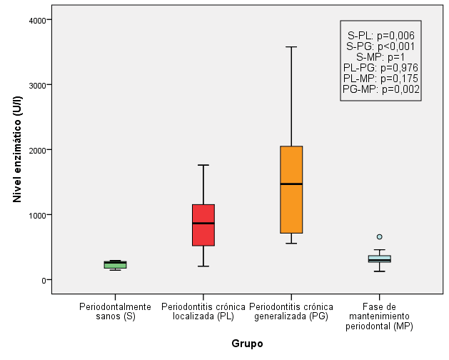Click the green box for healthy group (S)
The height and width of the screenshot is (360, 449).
pos(116,264)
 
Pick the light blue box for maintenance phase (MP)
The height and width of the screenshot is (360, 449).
pos(379,259)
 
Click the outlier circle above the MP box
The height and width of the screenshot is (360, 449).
pos(379,236)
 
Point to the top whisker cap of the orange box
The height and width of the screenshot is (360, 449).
pos(291,47)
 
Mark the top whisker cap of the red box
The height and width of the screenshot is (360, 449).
pos(203,165)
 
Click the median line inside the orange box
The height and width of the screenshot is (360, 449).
pos(291,184)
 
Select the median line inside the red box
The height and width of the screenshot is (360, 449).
pos(203,223)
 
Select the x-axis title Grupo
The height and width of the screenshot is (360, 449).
pos(247,344)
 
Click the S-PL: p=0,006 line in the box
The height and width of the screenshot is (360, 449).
pos(380,35)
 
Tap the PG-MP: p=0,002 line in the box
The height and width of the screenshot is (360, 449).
pos(380,89)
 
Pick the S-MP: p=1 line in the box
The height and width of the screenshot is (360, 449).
pos(380,56)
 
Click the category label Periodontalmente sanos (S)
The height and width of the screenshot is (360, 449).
pos(116,311)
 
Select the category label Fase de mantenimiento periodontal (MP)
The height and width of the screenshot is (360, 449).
pos(379,316)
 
